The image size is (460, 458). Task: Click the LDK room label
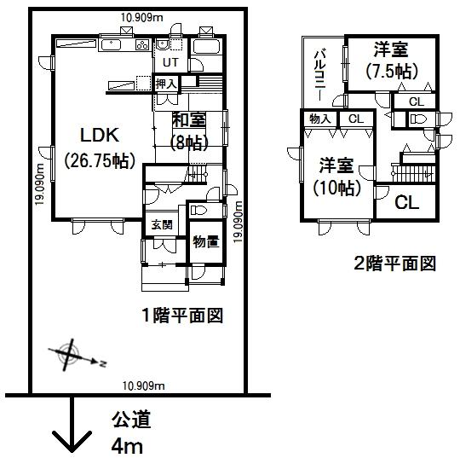point(100,134)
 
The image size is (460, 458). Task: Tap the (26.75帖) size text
point(101,159)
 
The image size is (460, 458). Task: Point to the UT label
point(170,63)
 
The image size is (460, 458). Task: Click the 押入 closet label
point(167,84)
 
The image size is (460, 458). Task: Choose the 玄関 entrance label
point(162,225)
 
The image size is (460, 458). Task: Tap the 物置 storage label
point(205,241)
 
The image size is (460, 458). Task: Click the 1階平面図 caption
point(182,316)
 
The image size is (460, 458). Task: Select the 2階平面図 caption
point(395,263)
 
